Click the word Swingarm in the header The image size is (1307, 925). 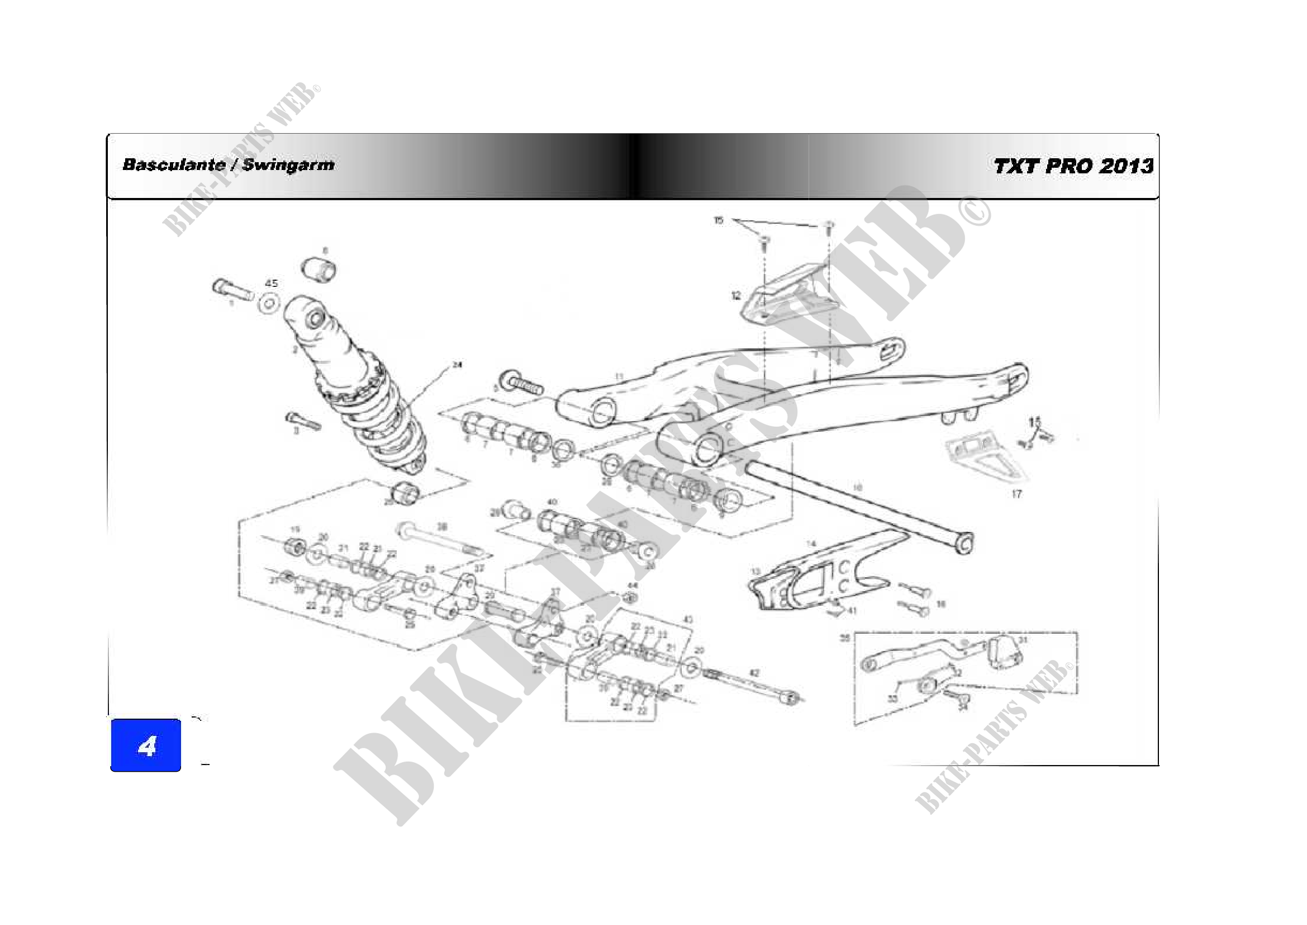[x=288, y=165]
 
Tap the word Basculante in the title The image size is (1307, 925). [x=174, y=165]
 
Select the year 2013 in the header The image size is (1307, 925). [x=1126, y=166]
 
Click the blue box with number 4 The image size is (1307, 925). [x=146, y=745]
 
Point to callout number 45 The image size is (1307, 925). [x=272, y=283]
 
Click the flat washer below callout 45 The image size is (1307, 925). [x=269, y=303]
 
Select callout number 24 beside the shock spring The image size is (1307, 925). [x=457, y=365]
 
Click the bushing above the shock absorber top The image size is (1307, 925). [x=318, y=269]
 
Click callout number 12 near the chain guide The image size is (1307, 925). [x=736, y=296]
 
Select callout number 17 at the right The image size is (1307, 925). [x=1016, y=494]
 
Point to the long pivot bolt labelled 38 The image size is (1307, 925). [x=441, y=540]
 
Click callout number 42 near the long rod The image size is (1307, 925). [x=754, y=673]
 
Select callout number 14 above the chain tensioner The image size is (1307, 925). [x=811, y=544]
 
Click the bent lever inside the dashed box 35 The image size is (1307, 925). [x=916, y=655]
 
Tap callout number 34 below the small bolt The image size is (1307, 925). [x=963, y=707]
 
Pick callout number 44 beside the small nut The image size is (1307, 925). [x=633, y=585]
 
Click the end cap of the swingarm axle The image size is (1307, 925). [x=966, y=542]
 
